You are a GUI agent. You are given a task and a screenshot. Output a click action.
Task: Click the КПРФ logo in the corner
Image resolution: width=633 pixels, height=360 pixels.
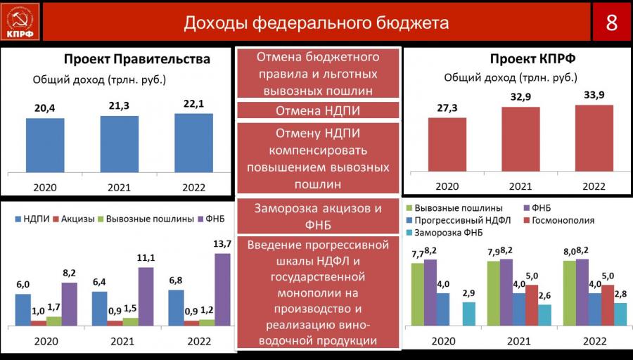[20, 22]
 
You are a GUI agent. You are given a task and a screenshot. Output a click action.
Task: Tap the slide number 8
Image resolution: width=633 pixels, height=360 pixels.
[611, 22]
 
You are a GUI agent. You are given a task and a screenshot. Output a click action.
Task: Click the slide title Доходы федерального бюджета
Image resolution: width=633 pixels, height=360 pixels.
[316, 22]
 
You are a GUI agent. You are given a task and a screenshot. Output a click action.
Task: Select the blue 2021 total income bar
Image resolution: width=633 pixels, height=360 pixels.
[119, 144]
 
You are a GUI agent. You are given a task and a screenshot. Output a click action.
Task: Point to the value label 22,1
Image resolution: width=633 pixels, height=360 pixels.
[194, 104]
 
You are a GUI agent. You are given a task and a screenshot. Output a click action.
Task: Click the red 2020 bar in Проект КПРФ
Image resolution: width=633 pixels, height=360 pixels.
[447, 144]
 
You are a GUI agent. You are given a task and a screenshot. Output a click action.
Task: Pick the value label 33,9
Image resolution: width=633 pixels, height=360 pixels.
[594, 96]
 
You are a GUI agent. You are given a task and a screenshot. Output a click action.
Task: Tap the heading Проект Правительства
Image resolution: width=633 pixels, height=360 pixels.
[137, 59]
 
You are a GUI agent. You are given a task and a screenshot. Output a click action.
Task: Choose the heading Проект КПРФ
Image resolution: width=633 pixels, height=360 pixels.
[533, 59]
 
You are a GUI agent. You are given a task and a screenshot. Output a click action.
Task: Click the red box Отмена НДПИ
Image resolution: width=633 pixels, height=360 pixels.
[318, 110]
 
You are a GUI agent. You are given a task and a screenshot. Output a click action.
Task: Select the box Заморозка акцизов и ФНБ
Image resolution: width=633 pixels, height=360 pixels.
[318, 217]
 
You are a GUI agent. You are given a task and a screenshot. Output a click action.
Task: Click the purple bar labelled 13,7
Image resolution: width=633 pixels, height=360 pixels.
[222, 290]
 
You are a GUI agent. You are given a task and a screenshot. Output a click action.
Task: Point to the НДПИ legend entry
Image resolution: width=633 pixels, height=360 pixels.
[32, 219]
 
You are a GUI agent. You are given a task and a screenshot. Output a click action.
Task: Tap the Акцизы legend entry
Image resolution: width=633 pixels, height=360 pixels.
[74, 219]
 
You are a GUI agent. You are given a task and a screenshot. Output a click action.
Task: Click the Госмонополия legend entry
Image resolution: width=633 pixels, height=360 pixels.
[560, 220]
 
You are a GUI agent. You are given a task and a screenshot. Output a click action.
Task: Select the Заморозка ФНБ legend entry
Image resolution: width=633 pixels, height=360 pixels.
[444, 233]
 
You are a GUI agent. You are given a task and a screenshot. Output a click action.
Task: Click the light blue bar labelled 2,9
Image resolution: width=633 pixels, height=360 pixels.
[468, 314]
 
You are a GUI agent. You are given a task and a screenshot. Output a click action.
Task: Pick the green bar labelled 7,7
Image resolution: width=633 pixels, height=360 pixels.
[417, 294]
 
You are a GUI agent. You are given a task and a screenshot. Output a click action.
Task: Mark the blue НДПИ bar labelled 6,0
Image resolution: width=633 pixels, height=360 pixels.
[23, 309]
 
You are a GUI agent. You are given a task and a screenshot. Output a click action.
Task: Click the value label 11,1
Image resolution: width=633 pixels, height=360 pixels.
[146, 257]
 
